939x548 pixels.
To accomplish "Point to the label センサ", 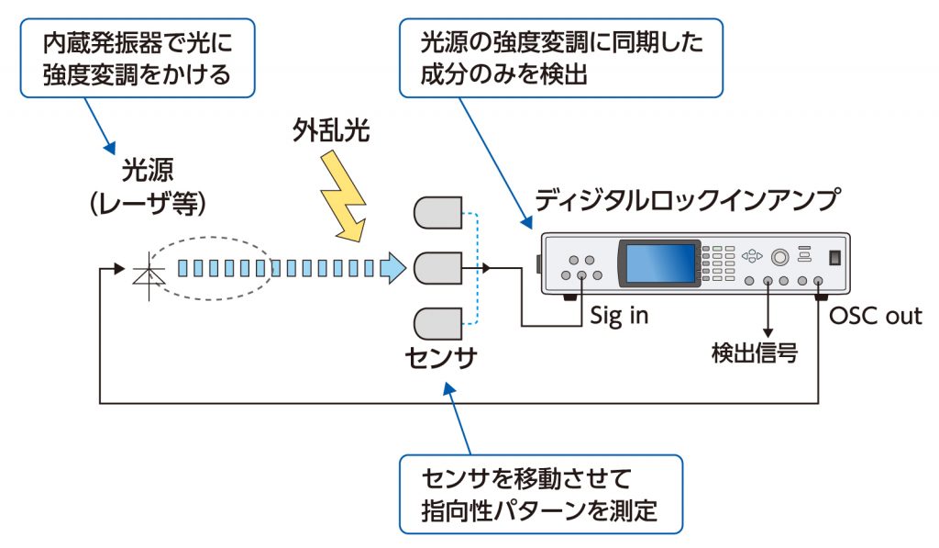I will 441,359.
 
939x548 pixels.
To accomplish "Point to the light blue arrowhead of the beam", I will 392,268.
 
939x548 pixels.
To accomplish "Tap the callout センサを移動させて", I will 540,493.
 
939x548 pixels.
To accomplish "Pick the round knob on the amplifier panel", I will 781,256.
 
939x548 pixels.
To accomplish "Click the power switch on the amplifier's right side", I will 834,258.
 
